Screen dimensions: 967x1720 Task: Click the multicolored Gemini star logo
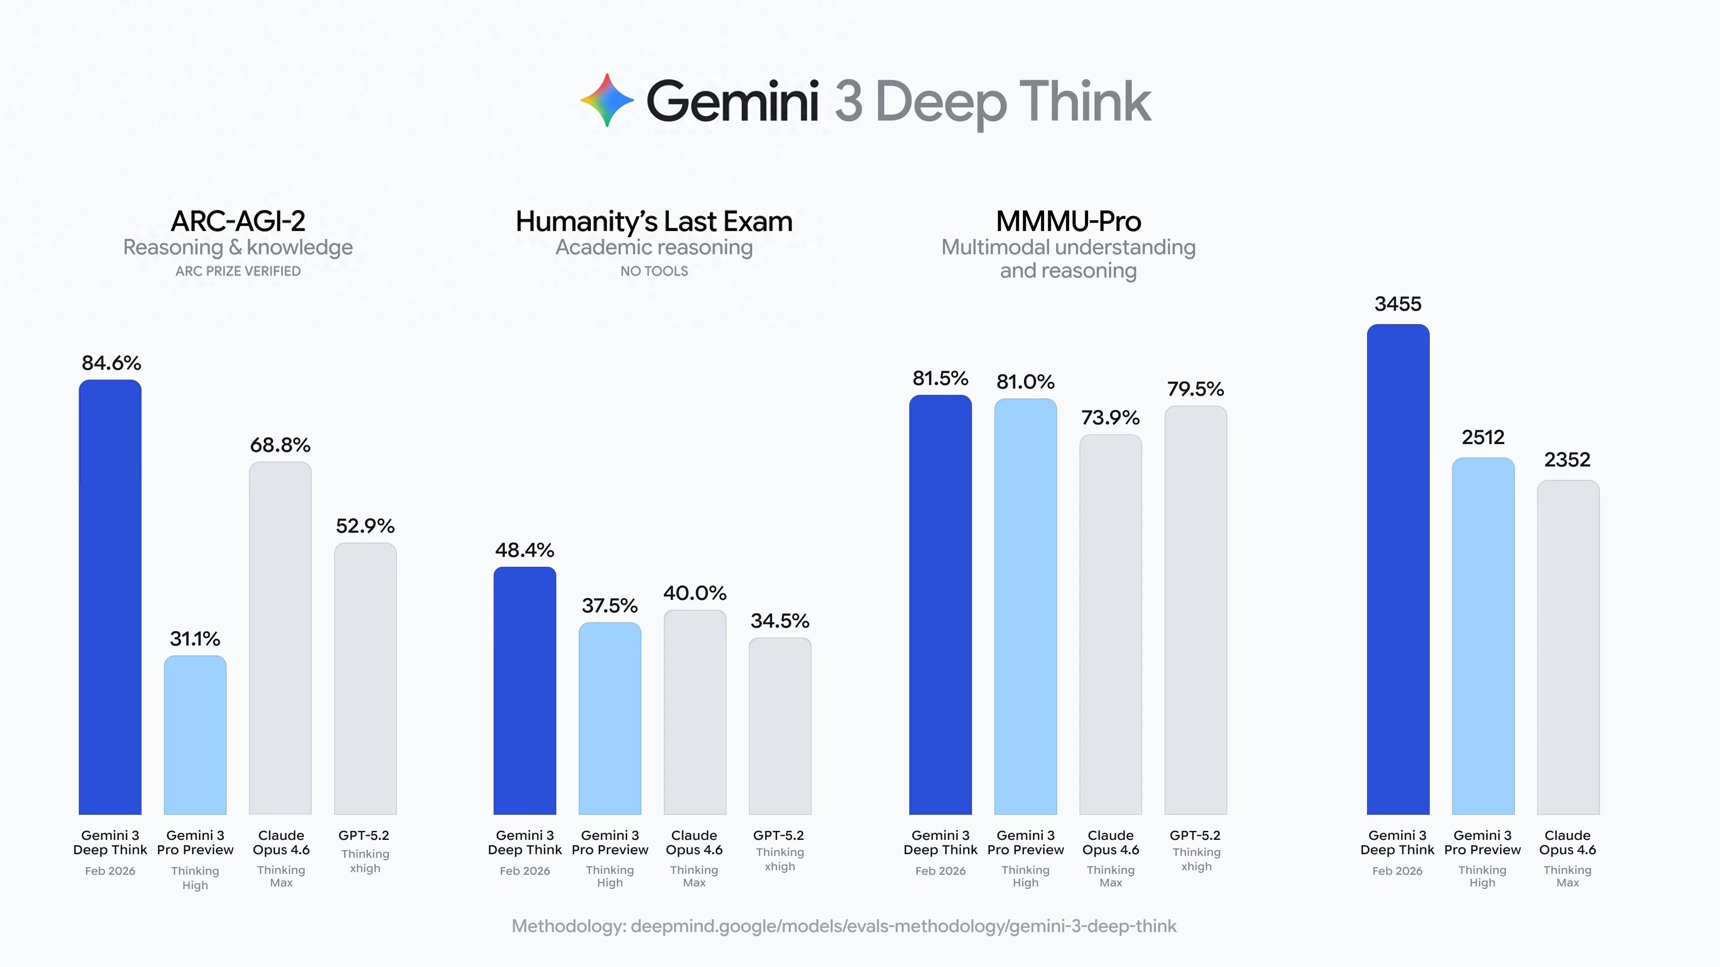pyautogui.click(x=606, y=100)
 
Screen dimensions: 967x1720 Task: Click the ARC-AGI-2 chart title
pyautogui.click(x=238, y=221)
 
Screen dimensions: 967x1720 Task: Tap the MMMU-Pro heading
pyautogui.click(x=1068, y=221)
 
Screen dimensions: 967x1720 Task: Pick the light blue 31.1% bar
pyautogui.click(x=195, y=735)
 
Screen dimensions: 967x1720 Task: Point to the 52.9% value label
pyautogui.click(x=365, y=526)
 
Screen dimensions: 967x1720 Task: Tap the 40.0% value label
pyautogui.click(x=694, y=593)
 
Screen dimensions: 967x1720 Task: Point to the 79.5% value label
pyautogui.click(x=1195, y=389)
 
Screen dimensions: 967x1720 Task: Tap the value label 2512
pyautogui.click(x=1483, y=437)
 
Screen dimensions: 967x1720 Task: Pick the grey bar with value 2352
pyautogui.click(x=1568, y=647)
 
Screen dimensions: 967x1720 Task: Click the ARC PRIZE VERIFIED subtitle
pyautogui.click(x=238, y=271)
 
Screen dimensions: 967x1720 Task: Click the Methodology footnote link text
pyautogui.click(x=844, y=926)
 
